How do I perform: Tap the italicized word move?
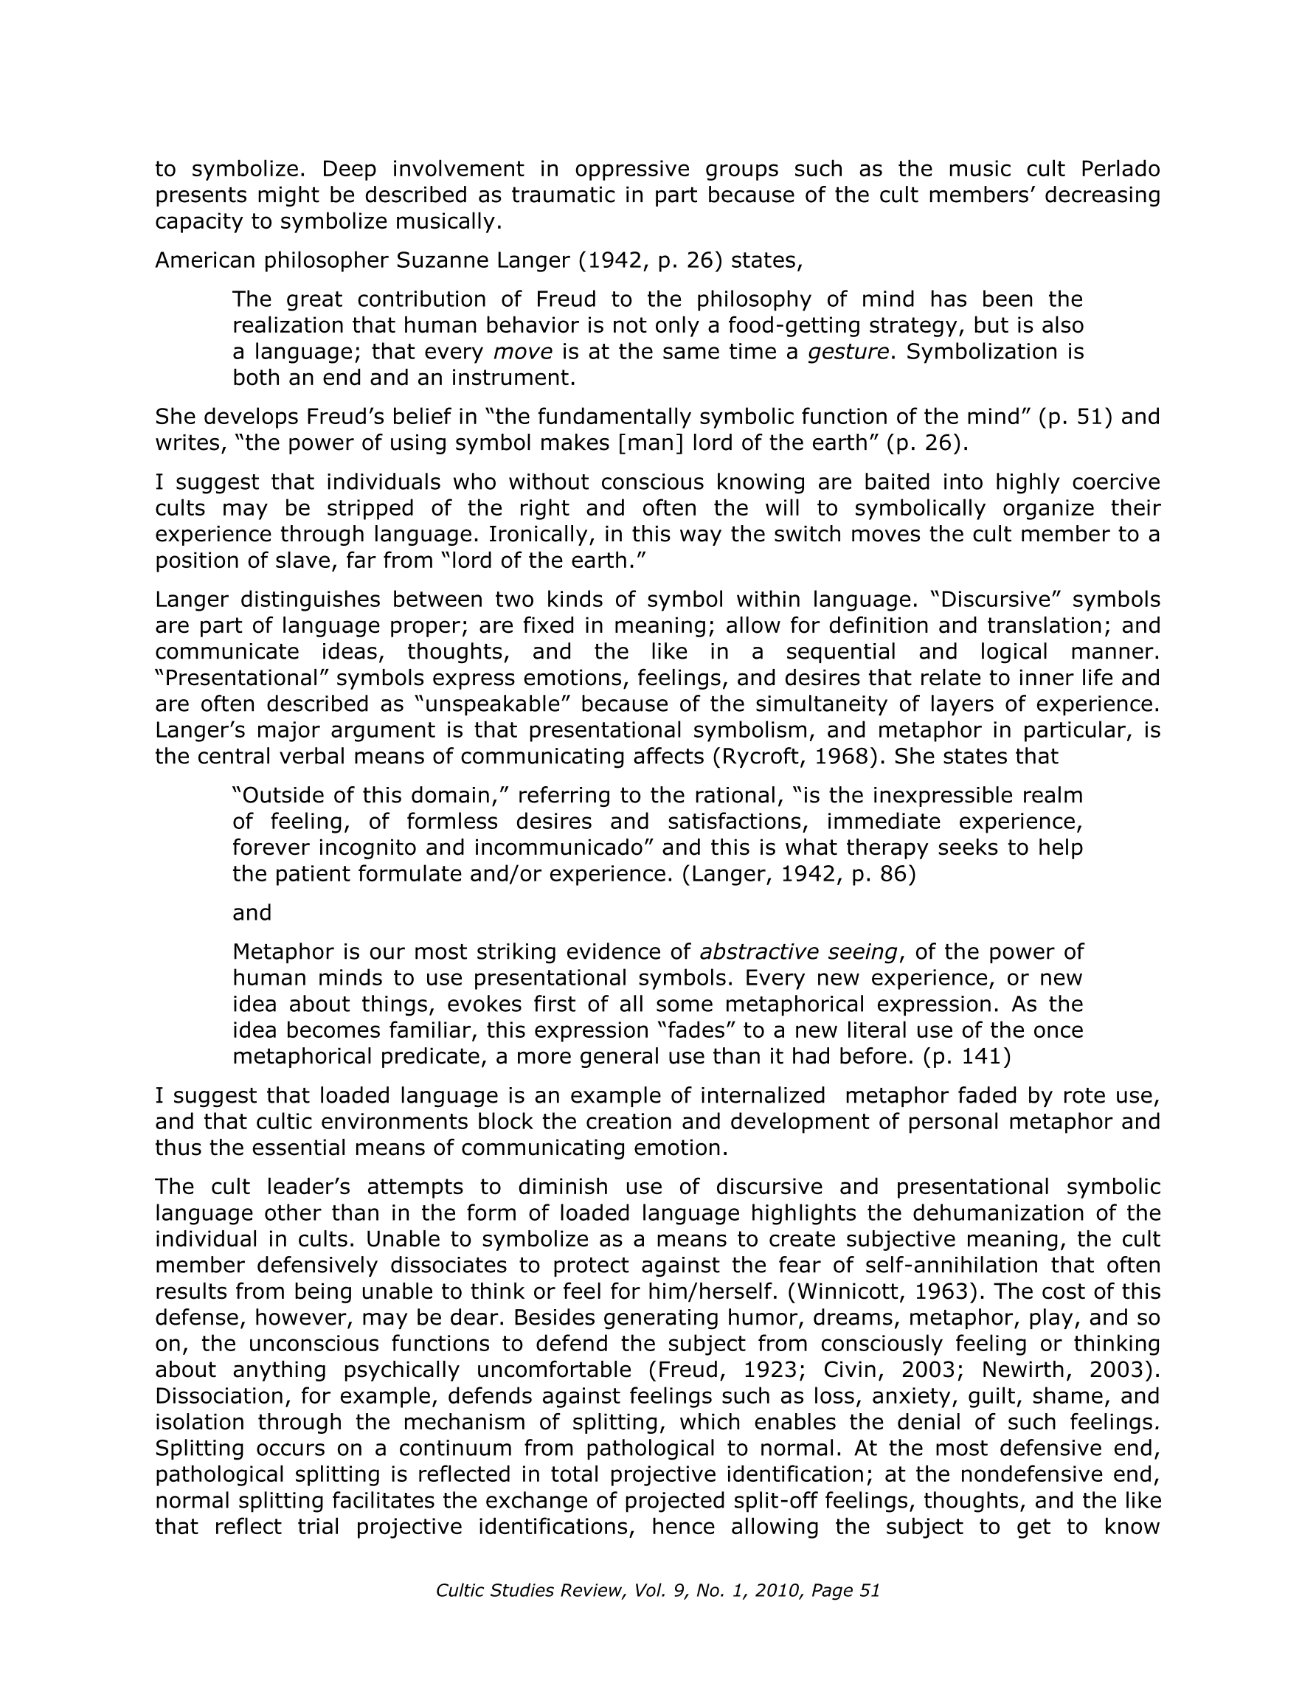click(523, 353)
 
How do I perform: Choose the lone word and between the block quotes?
click(252, 913)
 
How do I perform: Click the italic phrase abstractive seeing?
click(799, 953)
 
